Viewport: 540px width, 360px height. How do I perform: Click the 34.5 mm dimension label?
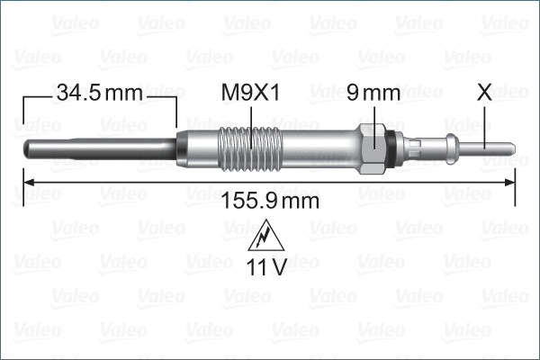pos(100,92)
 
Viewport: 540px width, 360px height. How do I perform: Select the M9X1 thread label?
pos(251,92)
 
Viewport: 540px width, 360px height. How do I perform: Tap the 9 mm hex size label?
pos(373,92)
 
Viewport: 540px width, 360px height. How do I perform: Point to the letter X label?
pos(484,92)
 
